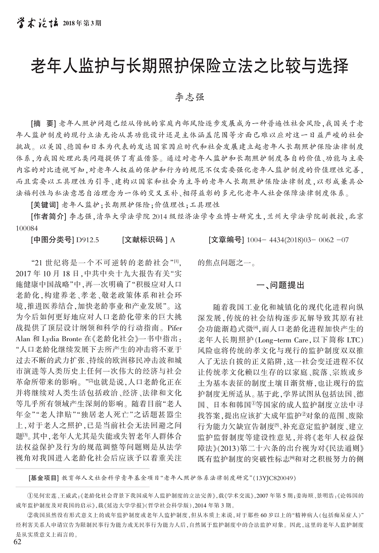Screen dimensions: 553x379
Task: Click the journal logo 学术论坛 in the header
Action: (37, 22)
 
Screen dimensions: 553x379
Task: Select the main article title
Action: (190, 66)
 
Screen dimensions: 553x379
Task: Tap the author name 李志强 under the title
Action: (189, 96)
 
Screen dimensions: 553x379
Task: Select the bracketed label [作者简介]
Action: (49, 216)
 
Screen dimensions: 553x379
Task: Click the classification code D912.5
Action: (88, 240)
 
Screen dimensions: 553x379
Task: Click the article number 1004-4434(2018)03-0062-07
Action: (298, 240)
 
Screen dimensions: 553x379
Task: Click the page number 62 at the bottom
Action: (18, 543)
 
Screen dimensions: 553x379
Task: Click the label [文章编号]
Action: (225, 240)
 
